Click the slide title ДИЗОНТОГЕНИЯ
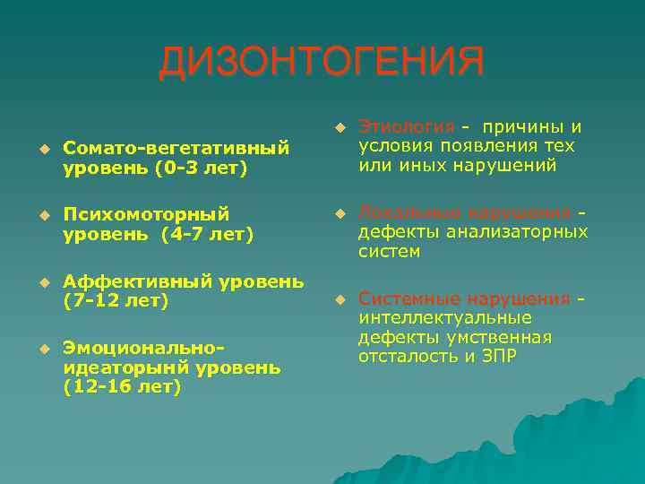tap(322, 63)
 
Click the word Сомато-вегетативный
tap(176, 145)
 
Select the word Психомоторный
tap(146, 214)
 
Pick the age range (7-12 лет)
tap(116, 301)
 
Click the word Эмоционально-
tap(142, 347)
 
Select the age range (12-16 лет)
tap(122, 387)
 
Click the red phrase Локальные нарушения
tap(464, 212)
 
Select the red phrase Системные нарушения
tap(464, 298)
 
